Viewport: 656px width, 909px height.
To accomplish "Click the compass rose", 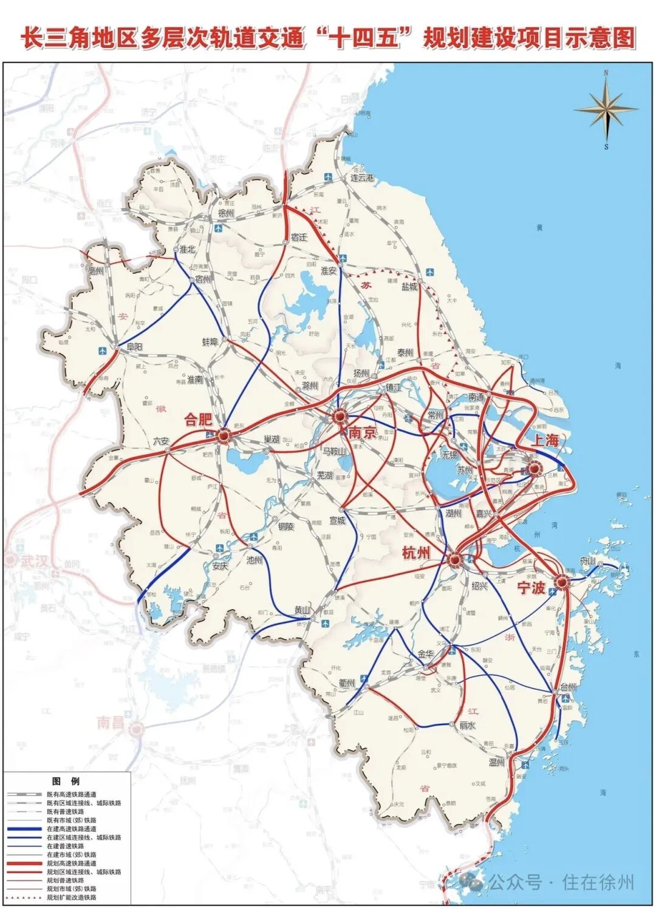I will pyautogui.click(x=606, y=109).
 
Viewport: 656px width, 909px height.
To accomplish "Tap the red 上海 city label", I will pyautogui.click(x=545, y=440).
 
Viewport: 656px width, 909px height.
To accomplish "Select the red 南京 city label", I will pyautogui.click(x=363, y=432).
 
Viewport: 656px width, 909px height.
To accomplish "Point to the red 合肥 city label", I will pyautogui.click(x=199, y=420).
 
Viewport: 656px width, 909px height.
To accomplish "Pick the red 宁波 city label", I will pyautogui.click(x=531, y=588).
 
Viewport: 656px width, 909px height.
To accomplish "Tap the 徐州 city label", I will pyautogui.click(x=225, y=214).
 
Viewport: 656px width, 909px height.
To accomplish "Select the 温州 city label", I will pyautogui.click(x=497, y=762).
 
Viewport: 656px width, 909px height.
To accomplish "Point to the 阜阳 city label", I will pyautogui.click(x=134, y=347).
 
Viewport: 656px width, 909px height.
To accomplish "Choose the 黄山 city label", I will pyautogui.click(x=302, y=610).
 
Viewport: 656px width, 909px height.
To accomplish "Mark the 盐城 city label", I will pyautogui.click(x=409, y=286).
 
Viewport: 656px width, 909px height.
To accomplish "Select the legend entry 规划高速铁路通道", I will pyautogui.click(x=71, y=863).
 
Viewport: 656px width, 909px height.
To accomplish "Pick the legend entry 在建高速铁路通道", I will pyautogui.click(x=71, y=828).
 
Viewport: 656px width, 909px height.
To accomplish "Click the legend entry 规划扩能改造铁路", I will pyautogui.click(x=71, y=897).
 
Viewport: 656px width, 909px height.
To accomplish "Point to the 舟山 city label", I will pyautogui.click(x=587, y=561).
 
